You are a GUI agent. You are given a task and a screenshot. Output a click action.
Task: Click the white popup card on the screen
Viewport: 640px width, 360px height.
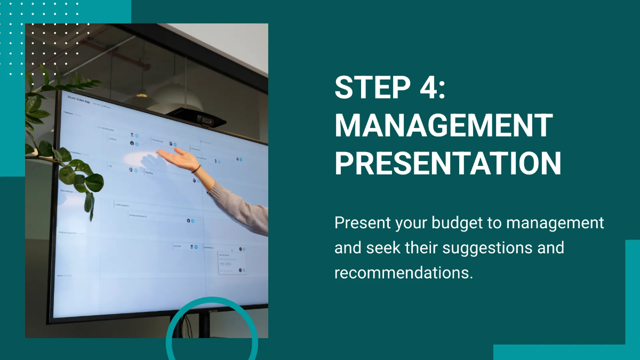(232, 262)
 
